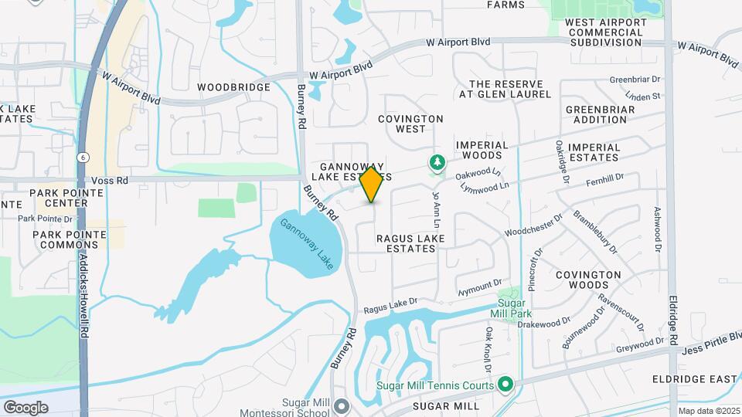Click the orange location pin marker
(x=372, y=185)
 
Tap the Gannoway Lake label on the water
(x=305, y=244)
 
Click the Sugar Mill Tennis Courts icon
(x=505, y=384)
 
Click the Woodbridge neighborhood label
(x=233, y=87)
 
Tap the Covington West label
(x=410, y=124)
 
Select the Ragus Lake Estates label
(x=410, y=243)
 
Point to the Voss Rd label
(x=108, y=180)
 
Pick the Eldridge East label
(x=694, y=379)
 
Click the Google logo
(x=26, y=407)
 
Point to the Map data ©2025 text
(x=709, y=412)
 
